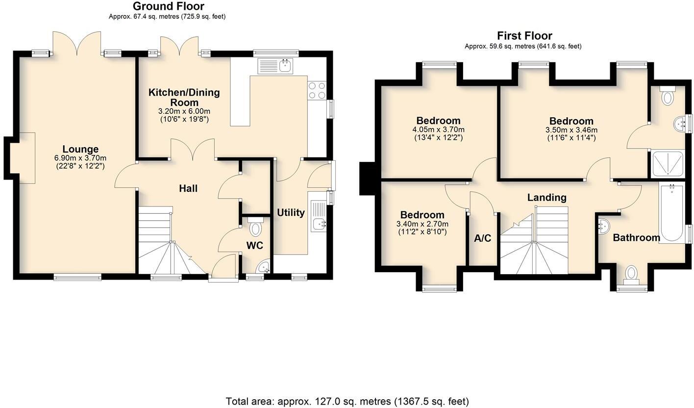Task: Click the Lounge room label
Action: point(80,149)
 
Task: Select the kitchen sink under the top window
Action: point(275,66)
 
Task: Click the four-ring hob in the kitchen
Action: point(317,90)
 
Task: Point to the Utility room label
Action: point(291,213)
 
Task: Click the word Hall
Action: point(188,188)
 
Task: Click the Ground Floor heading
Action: point(169,6)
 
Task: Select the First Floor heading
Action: point(524,36)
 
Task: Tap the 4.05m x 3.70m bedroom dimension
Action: point(439,129)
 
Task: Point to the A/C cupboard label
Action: point(482,238)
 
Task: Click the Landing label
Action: point(547,198)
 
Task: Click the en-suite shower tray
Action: point(667,164)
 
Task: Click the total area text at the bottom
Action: point(347,401)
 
